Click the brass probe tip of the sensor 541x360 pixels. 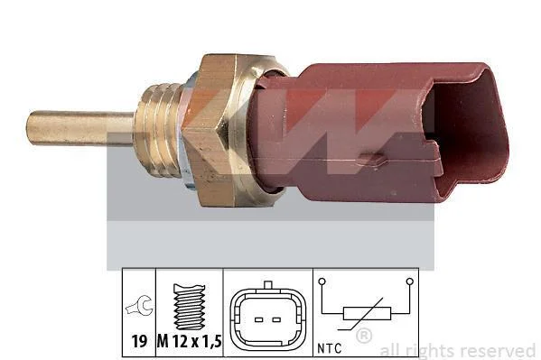80,128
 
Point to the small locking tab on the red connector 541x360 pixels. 372,159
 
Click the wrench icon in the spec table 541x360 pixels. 139,306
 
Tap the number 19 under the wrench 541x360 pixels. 139,341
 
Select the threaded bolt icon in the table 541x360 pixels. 190,306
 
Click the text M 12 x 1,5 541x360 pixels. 189,341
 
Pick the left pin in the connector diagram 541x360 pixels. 259,320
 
